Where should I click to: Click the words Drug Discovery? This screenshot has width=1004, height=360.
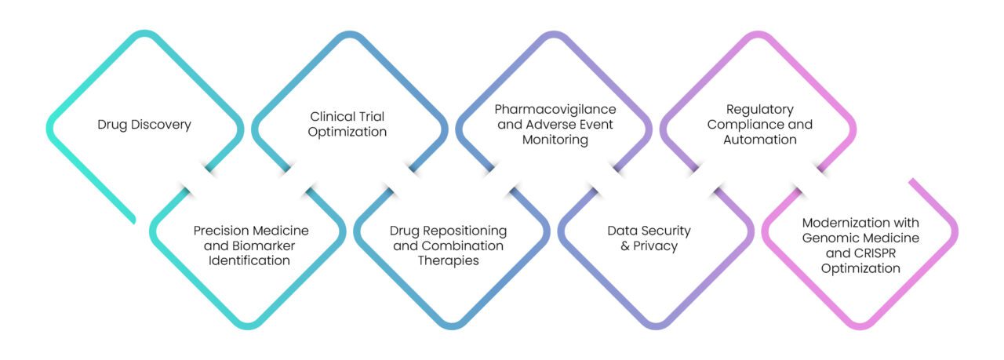pyautogui.click(x=144, y=125)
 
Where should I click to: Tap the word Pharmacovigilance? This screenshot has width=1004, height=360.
pyautogui.click(x=555, y=108)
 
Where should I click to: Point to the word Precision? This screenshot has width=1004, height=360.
pyautogui.click(x=220, y=231)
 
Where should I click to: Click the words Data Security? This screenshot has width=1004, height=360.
pyautogui.click(x=649, y=231)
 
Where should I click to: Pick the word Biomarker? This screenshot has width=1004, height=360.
pyautogui.click(x=252, y=245)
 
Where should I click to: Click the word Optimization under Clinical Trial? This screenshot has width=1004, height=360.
pyautogui.click(x=347, y=132)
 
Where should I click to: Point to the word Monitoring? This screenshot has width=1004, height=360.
pyautogui.click(x=555, y=140)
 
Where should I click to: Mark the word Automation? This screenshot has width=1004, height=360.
pyautogui.click(x=759, y=140)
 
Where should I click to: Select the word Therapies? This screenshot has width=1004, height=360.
pyautogui.click(x=448, y=261)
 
